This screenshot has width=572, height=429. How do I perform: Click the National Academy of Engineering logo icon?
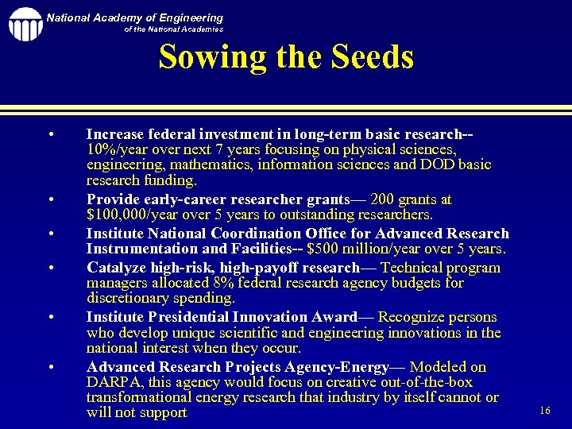coord(25,24)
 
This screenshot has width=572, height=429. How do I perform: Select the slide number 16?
coord(544,410)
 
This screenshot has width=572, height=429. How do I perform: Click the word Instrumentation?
coord(138,249)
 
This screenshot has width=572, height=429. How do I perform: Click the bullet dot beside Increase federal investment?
coord(50,133)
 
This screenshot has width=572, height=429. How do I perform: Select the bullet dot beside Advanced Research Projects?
coord(50,367)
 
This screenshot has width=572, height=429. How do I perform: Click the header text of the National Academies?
coord(174,29)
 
